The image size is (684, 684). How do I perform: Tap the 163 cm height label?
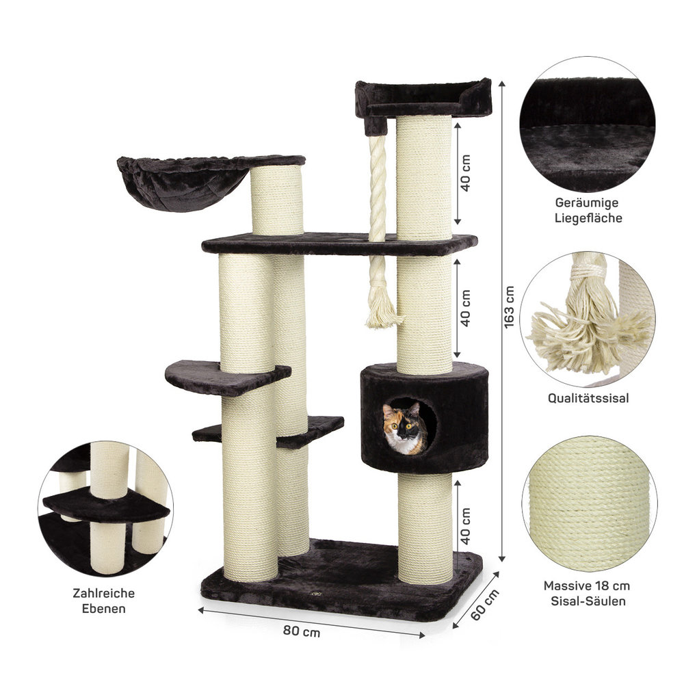tap(509, 307)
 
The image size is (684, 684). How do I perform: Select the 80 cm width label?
tap(302, 631)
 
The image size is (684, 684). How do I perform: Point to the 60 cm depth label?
tap(485, 605)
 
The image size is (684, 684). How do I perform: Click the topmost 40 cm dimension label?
tap(465, 173)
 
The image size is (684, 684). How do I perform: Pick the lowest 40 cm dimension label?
tap(465, 525)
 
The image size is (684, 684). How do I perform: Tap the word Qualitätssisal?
tap(588, 398)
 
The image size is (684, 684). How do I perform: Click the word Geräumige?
tap(587, 202)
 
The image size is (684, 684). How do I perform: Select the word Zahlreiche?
tap(104, 593)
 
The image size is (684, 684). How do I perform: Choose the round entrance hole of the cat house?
tap(410, 426)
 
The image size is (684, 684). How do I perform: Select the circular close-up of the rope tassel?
tap(588, 319)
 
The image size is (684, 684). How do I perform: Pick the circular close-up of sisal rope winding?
tap(590, 504)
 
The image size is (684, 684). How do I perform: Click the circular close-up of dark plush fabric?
tap(587, 124)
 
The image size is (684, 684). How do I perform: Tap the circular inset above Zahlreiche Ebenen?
tap(105, 509)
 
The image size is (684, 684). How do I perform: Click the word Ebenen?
tap(104, 609)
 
